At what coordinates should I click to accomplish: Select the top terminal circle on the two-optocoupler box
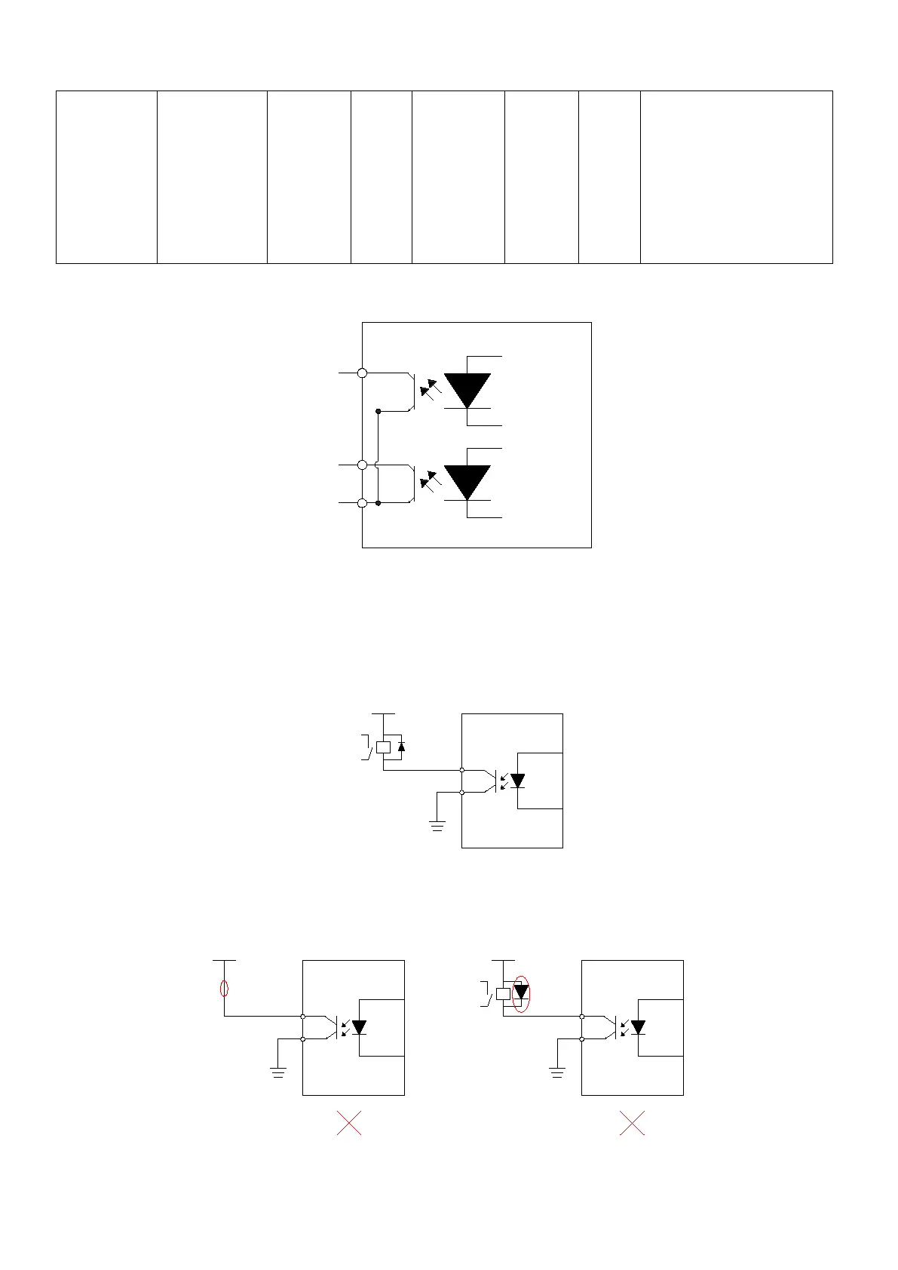click(363, 373)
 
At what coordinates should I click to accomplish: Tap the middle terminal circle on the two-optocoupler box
click(363, 465)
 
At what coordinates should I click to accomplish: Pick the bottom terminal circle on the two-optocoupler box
click(363, 503)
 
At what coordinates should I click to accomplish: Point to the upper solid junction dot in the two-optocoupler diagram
click(379, 411)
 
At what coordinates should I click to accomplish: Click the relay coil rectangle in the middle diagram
click(383, 747)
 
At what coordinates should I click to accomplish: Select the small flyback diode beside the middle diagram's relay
click(401, 747)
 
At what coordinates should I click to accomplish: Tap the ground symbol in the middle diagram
click(437, 825)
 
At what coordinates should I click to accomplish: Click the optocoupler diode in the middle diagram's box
click(517, 781)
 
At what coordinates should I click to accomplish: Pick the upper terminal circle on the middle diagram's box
click(461, 770)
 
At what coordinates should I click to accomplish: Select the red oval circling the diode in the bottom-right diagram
click(521, 993)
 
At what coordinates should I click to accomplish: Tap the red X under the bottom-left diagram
click(349, 1123)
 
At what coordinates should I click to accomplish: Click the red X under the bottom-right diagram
click(632, 1123)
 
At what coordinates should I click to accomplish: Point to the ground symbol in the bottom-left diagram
click(278, 1072)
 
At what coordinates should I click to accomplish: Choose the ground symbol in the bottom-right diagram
click(557, 1072)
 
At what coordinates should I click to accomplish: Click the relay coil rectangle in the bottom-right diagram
click(504, 993)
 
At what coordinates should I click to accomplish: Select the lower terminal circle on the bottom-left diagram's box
click(303, 1039)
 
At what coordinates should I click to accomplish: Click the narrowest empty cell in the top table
click(382, 177)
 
